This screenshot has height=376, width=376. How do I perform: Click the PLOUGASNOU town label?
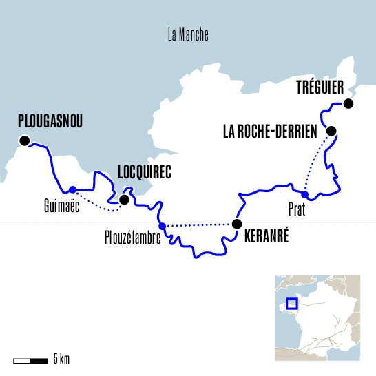pos(49,122)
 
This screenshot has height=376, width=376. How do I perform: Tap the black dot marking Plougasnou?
pos(25,141)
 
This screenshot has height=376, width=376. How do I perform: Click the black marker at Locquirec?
pos(124,200)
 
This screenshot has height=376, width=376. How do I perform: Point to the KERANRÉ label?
pos(267,239)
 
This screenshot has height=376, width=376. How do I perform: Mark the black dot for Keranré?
pos(237,224)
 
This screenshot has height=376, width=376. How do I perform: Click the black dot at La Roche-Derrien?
pos(331,131)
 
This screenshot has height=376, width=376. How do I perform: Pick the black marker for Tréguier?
pos(348,104)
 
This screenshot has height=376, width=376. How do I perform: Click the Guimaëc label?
pos(59,205)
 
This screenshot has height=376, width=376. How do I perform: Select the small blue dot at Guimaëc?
pos(72,189)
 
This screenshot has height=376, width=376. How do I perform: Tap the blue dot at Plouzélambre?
pos(162,226)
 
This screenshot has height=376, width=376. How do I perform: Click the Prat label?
pos(297,210)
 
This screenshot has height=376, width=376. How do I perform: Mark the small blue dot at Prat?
pos(305,195)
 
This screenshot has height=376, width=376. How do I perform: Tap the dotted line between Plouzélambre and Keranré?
pos(200,224)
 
